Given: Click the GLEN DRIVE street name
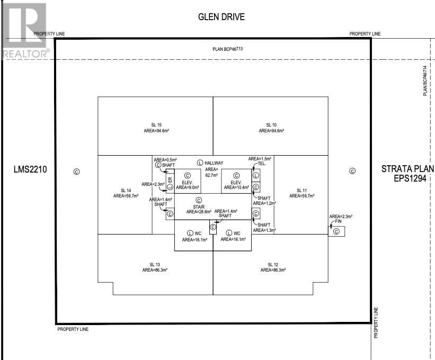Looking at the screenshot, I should (x=221, y=17).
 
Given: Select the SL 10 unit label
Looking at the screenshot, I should (x=272, y=125).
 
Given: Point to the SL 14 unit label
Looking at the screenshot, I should (x=126, y=190).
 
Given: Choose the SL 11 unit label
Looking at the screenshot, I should (x=301, y=190).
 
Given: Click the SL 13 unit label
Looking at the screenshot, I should (x=155, y=264).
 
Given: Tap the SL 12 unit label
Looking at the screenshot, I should (x=273, y=264).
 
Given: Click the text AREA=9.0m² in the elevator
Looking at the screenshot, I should (x=188, y=187).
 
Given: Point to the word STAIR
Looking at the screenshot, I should (x=199, y=206).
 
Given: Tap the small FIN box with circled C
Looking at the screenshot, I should (x=336, y=231).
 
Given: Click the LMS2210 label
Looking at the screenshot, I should (x=30, y=170).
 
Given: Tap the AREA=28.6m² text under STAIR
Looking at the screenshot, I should (x=199, y=212).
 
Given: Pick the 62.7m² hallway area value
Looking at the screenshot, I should (x=212, y=175).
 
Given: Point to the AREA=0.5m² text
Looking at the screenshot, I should (x=165, y=159).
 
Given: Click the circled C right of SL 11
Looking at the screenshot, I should (x=352, y=170).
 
